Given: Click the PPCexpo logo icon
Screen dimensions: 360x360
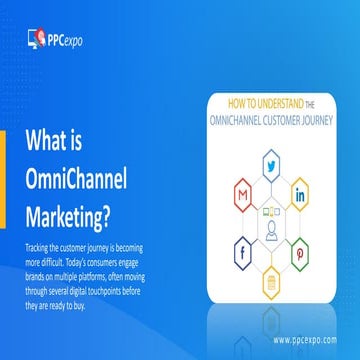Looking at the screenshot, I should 35,39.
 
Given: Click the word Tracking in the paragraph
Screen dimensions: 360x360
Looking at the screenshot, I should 35,245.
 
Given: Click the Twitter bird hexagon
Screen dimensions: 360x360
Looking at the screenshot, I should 270,165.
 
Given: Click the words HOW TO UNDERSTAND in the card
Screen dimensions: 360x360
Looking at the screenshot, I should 254,102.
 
